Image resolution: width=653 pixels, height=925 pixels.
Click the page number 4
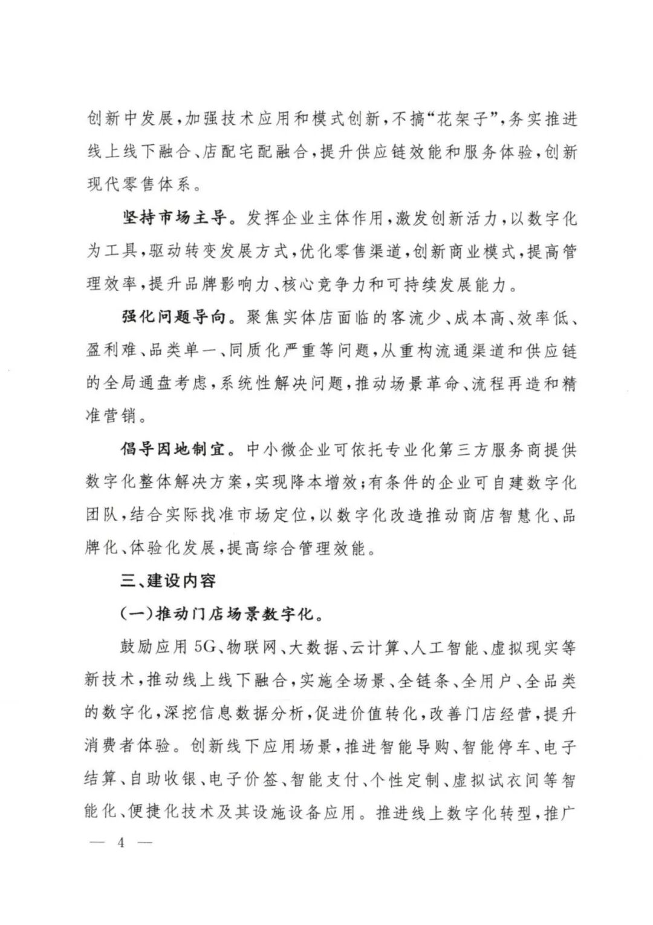tap(120, 843)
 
